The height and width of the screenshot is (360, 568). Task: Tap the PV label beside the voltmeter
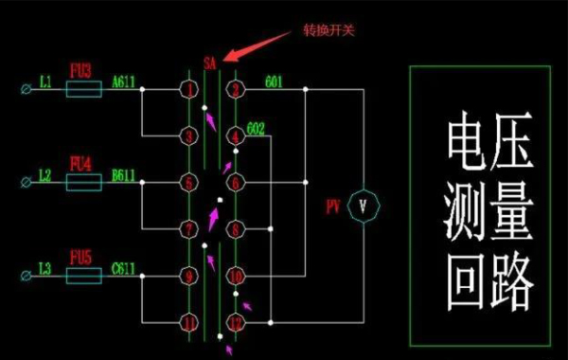(x=332, y=204)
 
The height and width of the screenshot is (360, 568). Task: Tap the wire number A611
(x=124, y=81)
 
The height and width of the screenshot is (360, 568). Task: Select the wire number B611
(x=124, y=174)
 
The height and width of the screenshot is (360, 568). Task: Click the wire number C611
(x=124, y=267)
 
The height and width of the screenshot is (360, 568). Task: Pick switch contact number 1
(x=190, y=90)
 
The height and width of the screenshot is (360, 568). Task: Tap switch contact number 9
(x=190, y=276)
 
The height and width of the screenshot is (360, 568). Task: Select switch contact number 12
(x=236, y=322)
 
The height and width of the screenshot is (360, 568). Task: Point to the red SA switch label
(x=210, y=64)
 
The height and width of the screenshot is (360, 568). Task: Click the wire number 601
(x=275, y=81)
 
